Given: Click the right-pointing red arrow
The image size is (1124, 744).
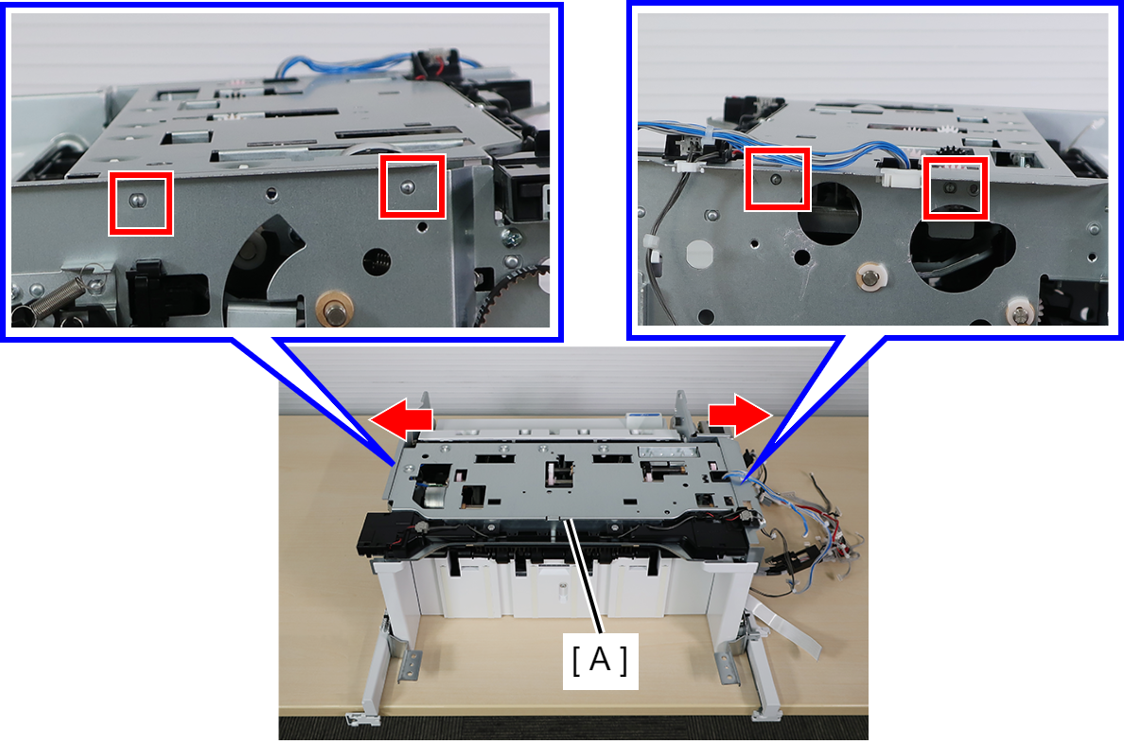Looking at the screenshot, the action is [x=740, y=415].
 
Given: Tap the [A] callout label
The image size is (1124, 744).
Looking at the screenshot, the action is [x=600, y=661].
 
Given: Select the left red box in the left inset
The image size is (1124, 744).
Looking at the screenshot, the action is [x=140, y=204].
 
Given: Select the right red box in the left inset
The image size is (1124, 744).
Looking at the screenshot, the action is [x=413, y=186].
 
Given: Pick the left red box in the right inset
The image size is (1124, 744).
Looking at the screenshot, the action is [x=777, y=179].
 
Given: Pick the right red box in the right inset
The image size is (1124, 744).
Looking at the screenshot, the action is [x=955, y=188].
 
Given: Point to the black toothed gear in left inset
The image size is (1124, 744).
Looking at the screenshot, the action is [x=509, y=294].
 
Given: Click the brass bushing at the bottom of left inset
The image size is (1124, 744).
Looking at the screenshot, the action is [x=334, y=310].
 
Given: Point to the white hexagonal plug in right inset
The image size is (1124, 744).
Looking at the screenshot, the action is [x=699, y=253].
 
